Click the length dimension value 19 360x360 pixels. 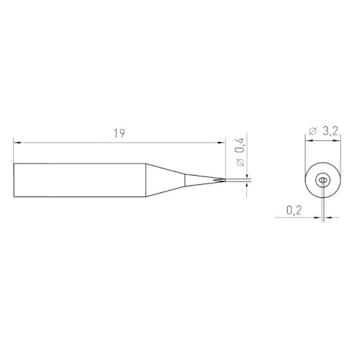click(119, 133)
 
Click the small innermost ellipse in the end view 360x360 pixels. click(323, 180)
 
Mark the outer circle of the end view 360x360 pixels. click(307, 180)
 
